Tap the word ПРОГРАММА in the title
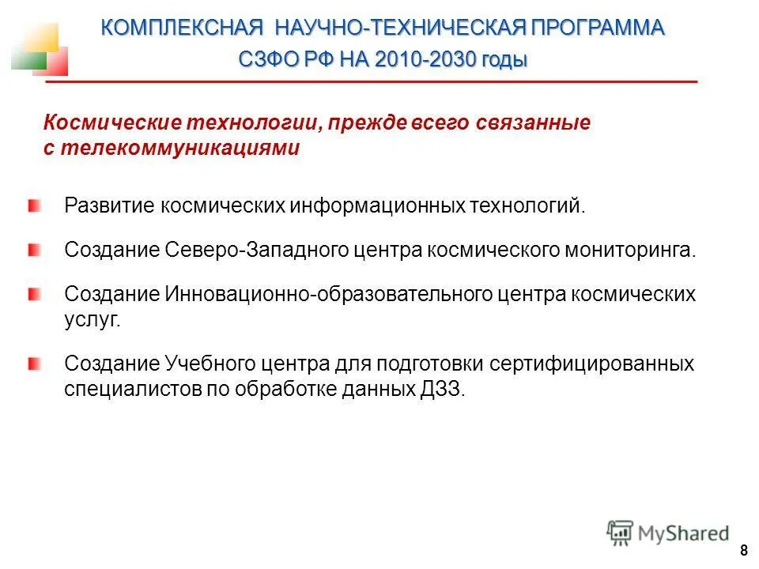[598, 28]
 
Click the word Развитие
[110, 207]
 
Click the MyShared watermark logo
[668, 533]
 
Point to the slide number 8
[743, 551]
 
